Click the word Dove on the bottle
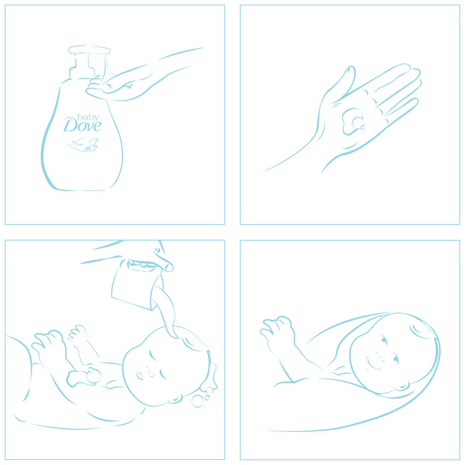click(82, 125)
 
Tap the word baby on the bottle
click(88, 117)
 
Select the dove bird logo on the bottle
click(83, 144)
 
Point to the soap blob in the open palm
click(353, 121)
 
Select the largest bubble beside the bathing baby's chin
click(198, 401)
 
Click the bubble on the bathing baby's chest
click(94, 376)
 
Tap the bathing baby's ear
click(175, 399)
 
